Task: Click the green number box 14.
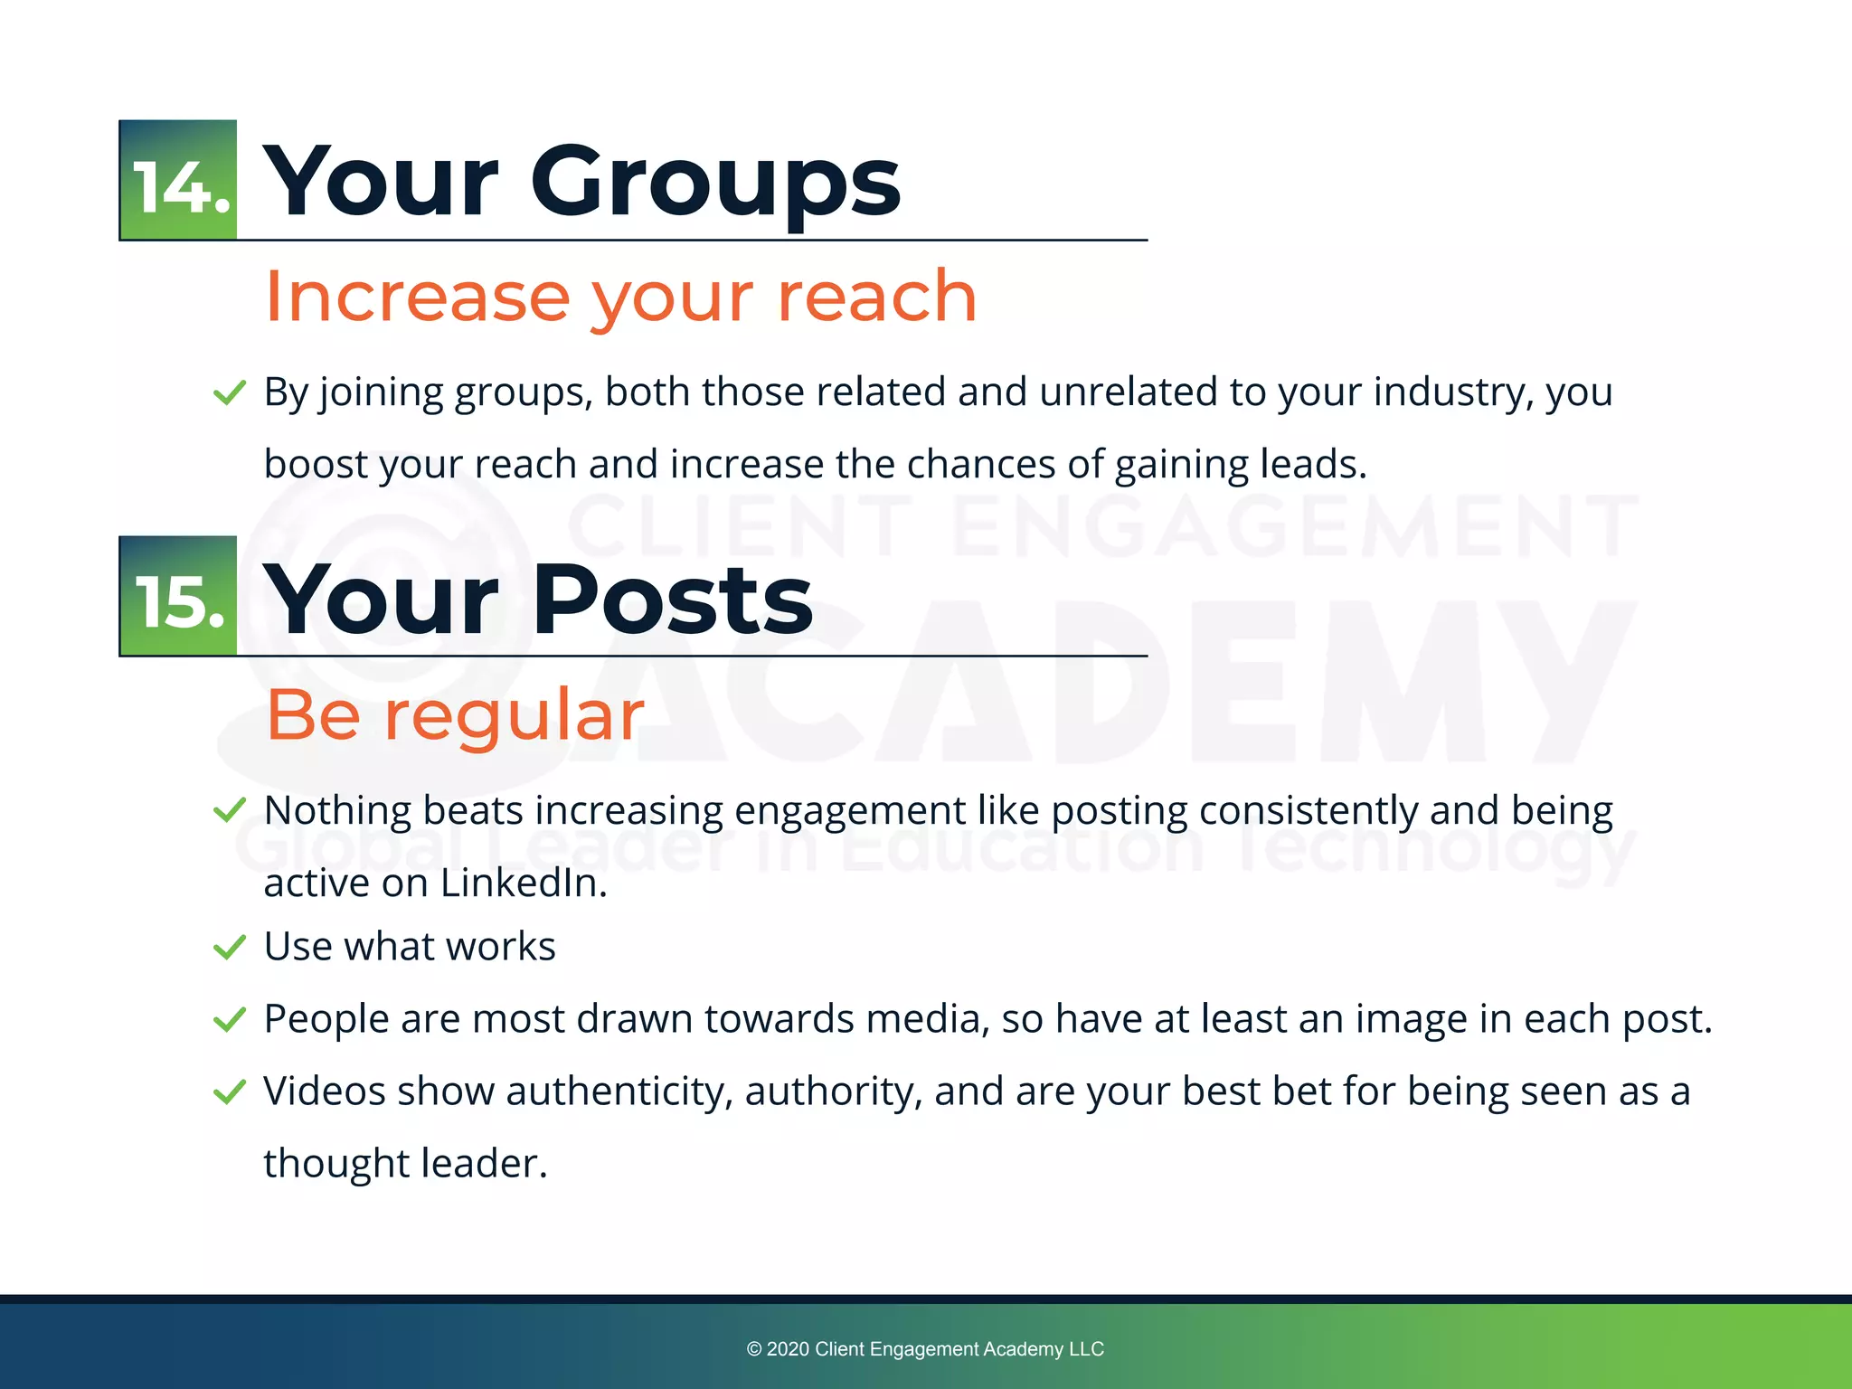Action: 178,180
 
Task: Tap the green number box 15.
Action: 178,596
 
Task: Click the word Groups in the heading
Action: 714,184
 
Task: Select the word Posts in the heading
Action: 673,600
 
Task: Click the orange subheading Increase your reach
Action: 620,297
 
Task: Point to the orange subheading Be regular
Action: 455,714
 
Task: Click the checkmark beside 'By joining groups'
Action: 230,393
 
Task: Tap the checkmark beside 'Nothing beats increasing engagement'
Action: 230,810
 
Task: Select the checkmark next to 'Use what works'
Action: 230,948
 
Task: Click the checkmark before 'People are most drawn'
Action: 230,1020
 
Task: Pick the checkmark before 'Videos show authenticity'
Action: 230,1092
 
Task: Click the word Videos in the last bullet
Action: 325,1091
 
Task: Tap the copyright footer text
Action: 925,1349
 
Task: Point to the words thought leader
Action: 405,1164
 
